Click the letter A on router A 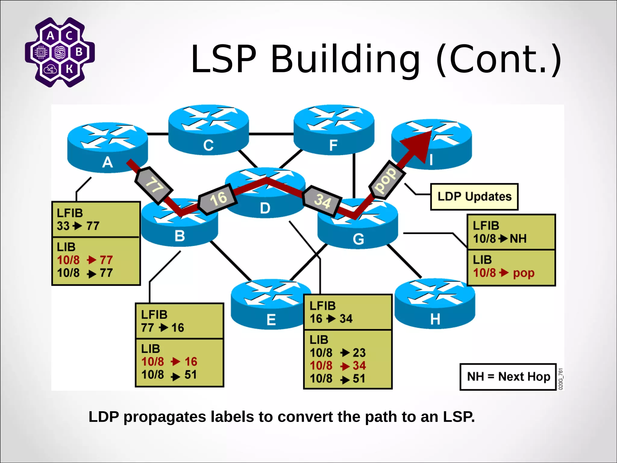point(108,163)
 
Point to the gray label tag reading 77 point(154,185)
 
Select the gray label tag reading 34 point(322,201)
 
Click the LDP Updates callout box point(474,197)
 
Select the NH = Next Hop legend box point(508,377)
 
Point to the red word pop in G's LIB point(524,273)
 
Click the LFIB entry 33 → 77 point(78,226)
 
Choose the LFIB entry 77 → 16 point(163,328)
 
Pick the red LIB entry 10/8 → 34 point(338,366)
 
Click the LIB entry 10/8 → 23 point(338,353)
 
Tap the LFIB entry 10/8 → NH point(500,239)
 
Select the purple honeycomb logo point(60,52)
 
